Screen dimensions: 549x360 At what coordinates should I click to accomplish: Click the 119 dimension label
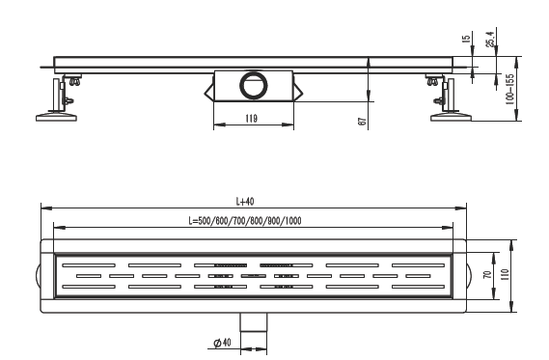click(251, 119)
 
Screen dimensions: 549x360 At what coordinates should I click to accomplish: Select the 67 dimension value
click(362, 122)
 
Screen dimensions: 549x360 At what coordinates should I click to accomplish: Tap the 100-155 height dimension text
click(509, 90)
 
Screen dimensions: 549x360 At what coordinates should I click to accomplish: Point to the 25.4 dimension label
click(490, 39)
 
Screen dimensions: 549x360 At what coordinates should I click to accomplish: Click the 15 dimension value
click(466, 39)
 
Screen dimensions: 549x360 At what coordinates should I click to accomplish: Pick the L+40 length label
click(245, 202)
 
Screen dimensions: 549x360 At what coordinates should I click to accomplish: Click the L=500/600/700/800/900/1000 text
click(245, 221)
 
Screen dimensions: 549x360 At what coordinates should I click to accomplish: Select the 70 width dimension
click(487, 275)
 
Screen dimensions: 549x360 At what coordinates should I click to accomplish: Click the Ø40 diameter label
click(222, 343)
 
